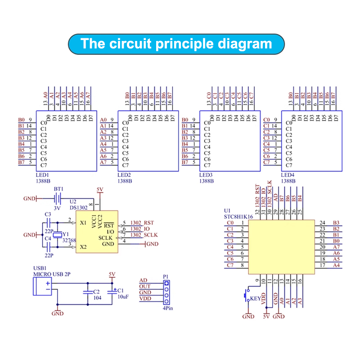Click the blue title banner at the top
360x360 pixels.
[x=176, y=44]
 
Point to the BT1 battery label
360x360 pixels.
[x=59, y=189]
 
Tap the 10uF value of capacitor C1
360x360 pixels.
[x=123, y=297]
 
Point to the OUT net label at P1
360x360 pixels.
[x=145, y=287]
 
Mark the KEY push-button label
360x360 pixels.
[x=255, y=298]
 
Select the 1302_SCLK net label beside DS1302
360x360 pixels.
[x=144, y=235]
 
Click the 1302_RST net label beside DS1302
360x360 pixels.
[x=142, y=223]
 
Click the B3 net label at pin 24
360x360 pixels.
[x=335, y=223]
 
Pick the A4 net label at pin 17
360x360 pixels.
[x=335, y=265]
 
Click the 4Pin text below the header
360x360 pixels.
[x=167, y=308]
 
